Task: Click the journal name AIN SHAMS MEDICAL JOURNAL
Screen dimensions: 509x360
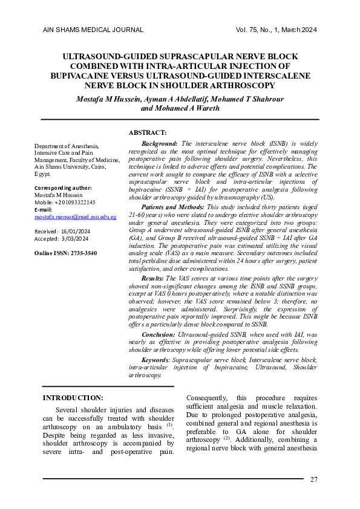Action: (x=93, y=30)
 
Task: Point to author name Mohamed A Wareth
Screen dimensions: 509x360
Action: (x=180, y=109)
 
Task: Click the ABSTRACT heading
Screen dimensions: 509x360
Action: (x=148, y=132)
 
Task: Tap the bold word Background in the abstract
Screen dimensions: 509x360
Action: (x=159, y=143)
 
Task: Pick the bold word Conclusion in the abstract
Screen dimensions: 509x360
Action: (x=159, y=334)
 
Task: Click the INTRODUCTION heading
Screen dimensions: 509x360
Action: (x=73, y=397)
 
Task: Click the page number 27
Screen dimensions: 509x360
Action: (x=313, y=479)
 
